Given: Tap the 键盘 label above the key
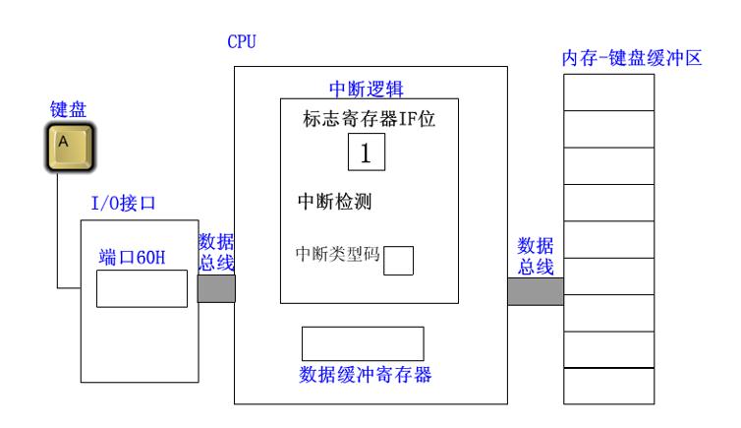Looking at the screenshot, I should click(68, 109).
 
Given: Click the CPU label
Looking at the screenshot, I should click(241, 44).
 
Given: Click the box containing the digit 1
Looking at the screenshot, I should click(366, 153).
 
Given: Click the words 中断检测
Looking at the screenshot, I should click(339, 203).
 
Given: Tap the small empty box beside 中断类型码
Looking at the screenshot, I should click(398, 259).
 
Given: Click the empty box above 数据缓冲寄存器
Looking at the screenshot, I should click(362, 342).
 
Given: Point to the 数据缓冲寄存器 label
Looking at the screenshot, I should click(365, 375).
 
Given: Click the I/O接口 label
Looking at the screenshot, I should click(124, 204).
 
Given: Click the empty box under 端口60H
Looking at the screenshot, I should click(141, 288).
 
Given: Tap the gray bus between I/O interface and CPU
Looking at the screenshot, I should click(216, 287).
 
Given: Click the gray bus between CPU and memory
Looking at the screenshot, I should click(536, 292).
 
